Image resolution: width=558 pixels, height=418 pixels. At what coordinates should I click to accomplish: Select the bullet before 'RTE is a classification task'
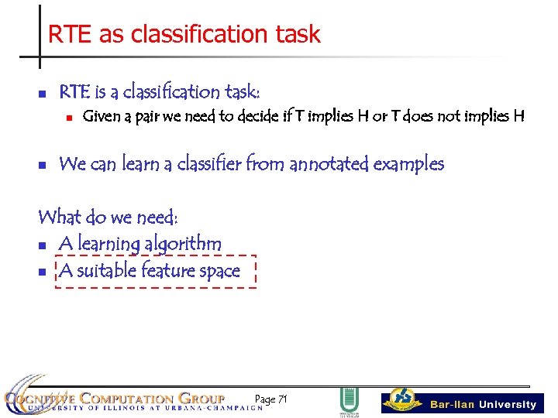(43, 94)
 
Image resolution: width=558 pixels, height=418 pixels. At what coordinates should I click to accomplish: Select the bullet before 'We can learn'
(43, 166)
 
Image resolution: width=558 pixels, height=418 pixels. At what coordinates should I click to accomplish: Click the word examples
(408, 164)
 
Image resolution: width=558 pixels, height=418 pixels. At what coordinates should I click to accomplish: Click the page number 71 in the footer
(282, 399)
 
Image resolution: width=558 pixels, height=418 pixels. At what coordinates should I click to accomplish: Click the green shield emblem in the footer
(349, 400)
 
